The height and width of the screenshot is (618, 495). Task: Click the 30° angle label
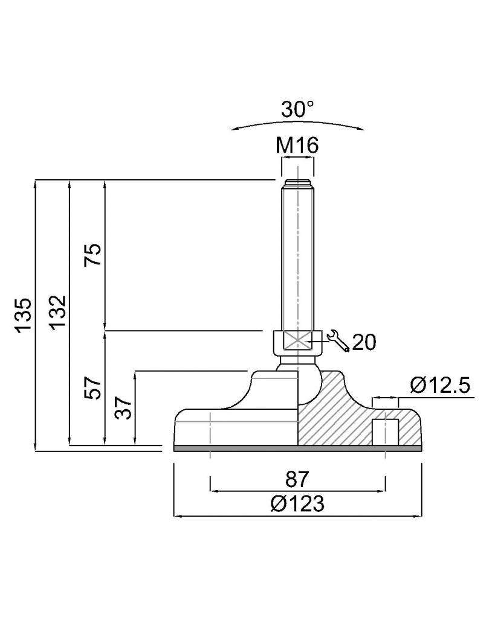tap(297, 109)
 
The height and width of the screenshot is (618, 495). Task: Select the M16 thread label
tap(297, 145)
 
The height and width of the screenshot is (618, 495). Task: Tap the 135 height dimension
tap(24, 315)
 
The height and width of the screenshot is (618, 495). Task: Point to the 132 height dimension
tap(57, 312)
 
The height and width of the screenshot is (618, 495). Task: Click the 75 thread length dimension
tap(93, 255)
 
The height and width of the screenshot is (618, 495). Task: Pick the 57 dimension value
tap(93, 388)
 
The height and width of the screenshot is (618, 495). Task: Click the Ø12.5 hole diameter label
tap(440, 385)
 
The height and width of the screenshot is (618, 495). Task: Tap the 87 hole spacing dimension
tap(297, 479)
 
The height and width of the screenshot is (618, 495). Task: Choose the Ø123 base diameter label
tap(297, 503)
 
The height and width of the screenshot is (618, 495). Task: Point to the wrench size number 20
tap(364, 342)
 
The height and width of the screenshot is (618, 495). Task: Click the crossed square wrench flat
tap(297, 340)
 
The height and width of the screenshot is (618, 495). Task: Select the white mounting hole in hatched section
tap(385, 432)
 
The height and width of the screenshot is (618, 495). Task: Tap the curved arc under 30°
tap(297, 123)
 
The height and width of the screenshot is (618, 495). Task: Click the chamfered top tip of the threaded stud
tap(297, 183)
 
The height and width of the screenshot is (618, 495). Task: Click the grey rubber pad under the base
tap(297, 448)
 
